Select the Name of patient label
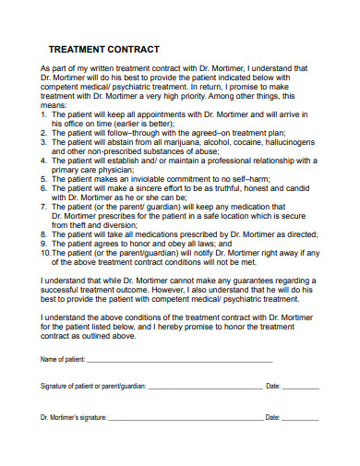coord(63,358)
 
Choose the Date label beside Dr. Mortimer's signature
coord(272,418)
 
